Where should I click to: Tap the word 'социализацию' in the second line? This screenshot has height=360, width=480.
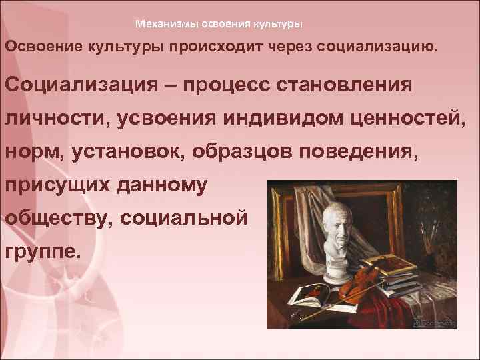[x=371, y=48]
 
